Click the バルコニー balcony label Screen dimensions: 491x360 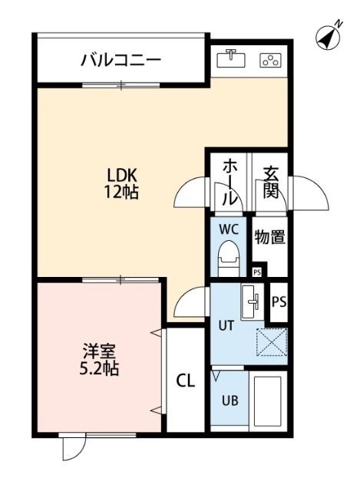(x=121, y=60)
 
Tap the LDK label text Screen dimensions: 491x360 (x=121, y=175)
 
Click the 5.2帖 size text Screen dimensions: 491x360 (x=100, y=368)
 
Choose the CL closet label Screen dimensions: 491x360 (x=185, y=381)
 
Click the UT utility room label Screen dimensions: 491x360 (x=226, y=325)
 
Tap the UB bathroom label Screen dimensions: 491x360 (x=230, y=400)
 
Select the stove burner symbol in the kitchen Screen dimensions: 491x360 (x=269, y=60)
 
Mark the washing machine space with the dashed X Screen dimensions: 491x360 (x=272, y=342)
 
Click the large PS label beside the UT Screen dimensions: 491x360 (x=278, y=301)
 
